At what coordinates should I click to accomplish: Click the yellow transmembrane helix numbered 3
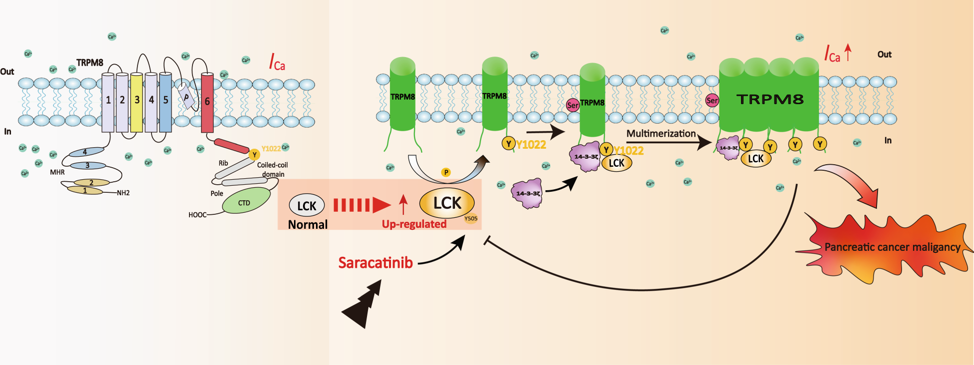tap(136, 102)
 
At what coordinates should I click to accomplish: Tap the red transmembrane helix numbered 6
tap(207, 103)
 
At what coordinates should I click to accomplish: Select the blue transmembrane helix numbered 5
tap(165, 102)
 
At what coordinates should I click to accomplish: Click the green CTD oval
tap(245, 201)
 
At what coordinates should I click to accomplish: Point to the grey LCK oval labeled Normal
tap(306, 206)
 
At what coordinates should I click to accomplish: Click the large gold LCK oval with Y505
tap(446, 203)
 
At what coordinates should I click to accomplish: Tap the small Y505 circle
tap(470, 218)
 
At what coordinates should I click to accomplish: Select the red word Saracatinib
tap(375, 263)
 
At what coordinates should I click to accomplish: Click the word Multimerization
tap(661, 134)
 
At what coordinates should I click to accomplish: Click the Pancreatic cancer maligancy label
tap(892, 247)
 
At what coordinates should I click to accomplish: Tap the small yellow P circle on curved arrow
tap(446, 172)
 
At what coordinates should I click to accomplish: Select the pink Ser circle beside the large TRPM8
tap(711, 101)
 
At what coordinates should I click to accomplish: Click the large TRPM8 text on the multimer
tap(770, 100)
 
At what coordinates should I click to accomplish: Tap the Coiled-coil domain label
tap(272, 169)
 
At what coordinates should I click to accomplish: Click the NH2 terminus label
tap(123, 193)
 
